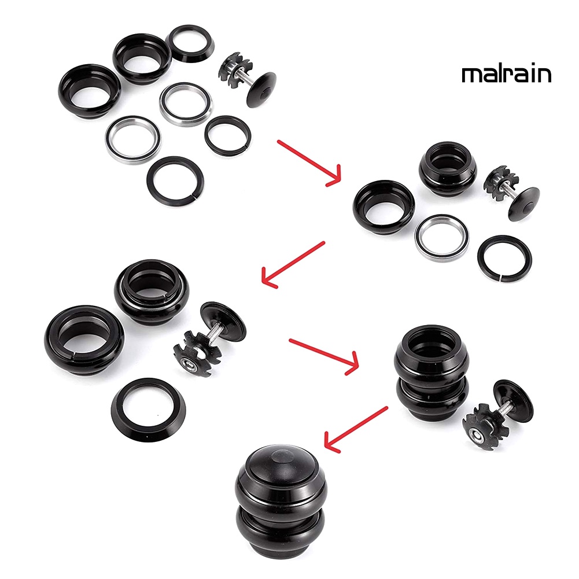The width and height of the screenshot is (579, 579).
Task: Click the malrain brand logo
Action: click(506, 74)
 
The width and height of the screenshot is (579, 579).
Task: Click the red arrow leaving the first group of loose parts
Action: click(309, 163)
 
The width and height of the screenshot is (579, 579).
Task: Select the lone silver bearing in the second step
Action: click(442, 238)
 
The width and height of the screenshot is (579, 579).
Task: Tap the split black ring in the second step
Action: click(504, 259)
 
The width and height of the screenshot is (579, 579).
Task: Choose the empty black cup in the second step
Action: click(384, 207)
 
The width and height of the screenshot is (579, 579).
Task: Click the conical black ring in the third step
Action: click(149, 410)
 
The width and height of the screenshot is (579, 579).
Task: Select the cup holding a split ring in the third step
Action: click(84, 340)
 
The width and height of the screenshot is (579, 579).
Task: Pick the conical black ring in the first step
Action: click(190, 43)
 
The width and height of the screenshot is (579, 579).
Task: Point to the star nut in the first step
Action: click(234, 69)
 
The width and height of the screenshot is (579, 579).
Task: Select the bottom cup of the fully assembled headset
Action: click(280, 529)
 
